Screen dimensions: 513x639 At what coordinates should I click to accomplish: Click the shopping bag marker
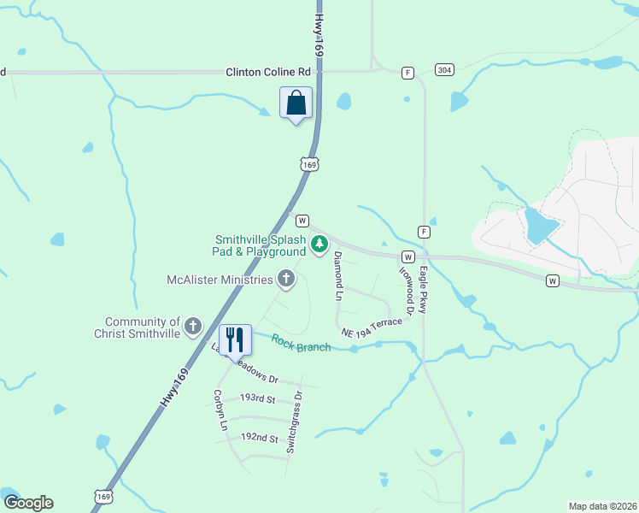(296, 103)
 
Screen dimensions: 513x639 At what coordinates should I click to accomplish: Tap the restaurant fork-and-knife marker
(235, 339)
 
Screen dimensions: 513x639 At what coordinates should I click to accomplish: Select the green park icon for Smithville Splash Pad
(319, 245)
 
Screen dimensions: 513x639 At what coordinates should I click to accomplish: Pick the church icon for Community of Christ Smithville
(193, 326)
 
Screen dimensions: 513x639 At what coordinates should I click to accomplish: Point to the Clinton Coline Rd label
(267, 73)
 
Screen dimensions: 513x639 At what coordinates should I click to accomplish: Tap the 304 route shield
(443, 69)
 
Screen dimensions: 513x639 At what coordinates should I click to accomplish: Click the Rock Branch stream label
(302, 343)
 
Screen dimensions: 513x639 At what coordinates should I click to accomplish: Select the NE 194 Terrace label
(371, 327)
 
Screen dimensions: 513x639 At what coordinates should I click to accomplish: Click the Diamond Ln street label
(338, 275)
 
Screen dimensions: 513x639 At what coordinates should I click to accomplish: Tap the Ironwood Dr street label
(407, 290)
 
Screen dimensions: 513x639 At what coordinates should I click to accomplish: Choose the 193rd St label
(257, 398)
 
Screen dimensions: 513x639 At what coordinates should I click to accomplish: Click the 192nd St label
(260, 438)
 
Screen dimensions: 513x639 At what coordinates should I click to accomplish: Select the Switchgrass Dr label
(296, 422)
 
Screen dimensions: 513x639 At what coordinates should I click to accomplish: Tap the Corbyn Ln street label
(220, 410)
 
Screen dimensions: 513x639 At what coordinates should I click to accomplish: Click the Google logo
(28, 503)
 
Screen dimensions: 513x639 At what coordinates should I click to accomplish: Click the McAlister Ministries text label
(220, 280)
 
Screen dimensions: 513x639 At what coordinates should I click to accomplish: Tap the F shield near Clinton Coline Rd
(408, 74)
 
